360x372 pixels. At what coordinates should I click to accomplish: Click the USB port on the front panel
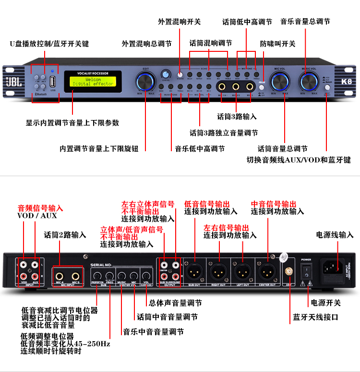(x=53, y=80)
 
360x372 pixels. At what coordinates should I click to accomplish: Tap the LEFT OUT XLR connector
(x=242, y=271)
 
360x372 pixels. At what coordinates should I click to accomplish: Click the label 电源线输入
(x=335, y=235)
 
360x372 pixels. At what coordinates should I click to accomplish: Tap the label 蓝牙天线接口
(x=315, y=317)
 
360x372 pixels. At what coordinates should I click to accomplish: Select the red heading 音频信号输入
(x=40, y=208)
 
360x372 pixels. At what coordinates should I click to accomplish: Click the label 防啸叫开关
(x=278, y=44)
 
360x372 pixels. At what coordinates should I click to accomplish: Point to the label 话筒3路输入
(x=237, y=117)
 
